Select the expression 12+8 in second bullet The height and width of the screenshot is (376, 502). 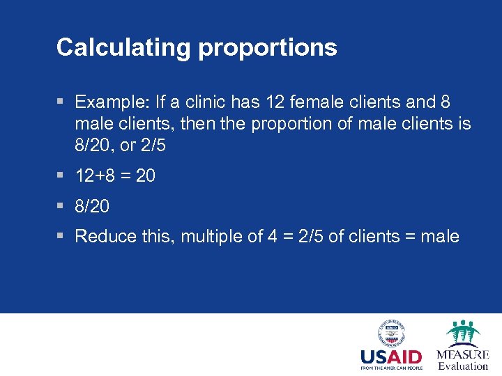click(94, 176)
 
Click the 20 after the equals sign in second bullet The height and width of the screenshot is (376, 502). click(146, 176)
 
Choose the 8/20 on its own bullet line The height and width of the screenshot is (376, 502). click(92, 207)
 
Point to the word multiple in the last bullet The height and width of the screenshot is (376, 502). click(212, 237)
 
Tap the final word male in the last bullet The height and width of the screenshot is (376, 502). click(440, 237)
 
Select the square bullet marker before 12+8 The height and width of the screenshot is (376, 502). click(62, 176)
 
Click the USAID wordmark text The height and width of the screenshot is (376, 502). click(390, 357)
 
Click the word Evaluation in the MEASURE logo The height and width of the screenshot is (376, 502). click(463, 366)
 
